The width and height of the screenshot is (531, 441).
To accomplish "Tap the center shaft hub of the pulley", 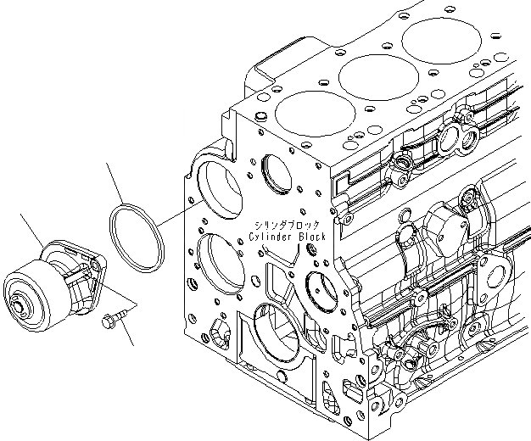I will (x=19, y=300).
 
